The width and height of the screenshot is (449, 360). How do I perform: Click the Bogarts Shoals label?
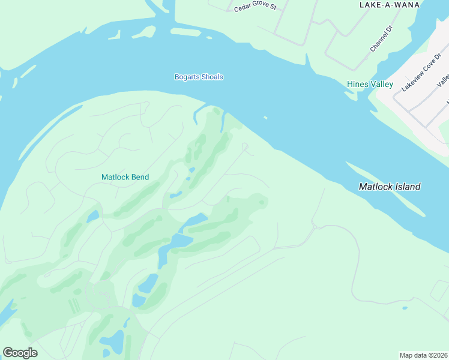coord(199,77)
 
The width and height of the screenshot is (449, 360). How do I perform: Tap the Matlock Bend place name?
coord(125,177)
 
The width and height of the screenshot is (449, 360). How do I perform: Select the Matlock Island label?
coord(389,187)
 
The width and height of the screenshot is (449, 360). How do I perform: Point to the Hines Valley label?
coord(370,85)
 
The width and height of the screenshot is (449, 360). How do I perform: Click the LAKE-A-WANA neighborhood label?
coord(389,5)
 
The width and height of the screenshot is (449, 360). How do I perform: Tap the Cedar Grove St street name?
coord(255,7)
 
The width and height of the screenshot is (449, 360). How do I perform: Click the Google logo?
coord(20,353)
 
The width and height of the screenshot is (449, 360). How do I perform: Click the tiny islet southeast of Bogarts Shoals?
coord(265,118)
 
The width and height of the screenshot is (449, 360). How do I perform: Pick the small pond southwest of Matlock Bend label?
coord(92,217)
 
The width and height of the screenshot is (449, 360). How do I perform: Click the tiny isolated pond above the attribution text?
coord(405,308)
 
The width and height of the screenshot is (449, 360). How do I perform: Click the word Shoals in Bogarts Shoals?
coord(211,77)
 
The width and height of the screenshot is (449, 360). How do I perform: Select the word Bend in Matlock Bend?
coord(140,177)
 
